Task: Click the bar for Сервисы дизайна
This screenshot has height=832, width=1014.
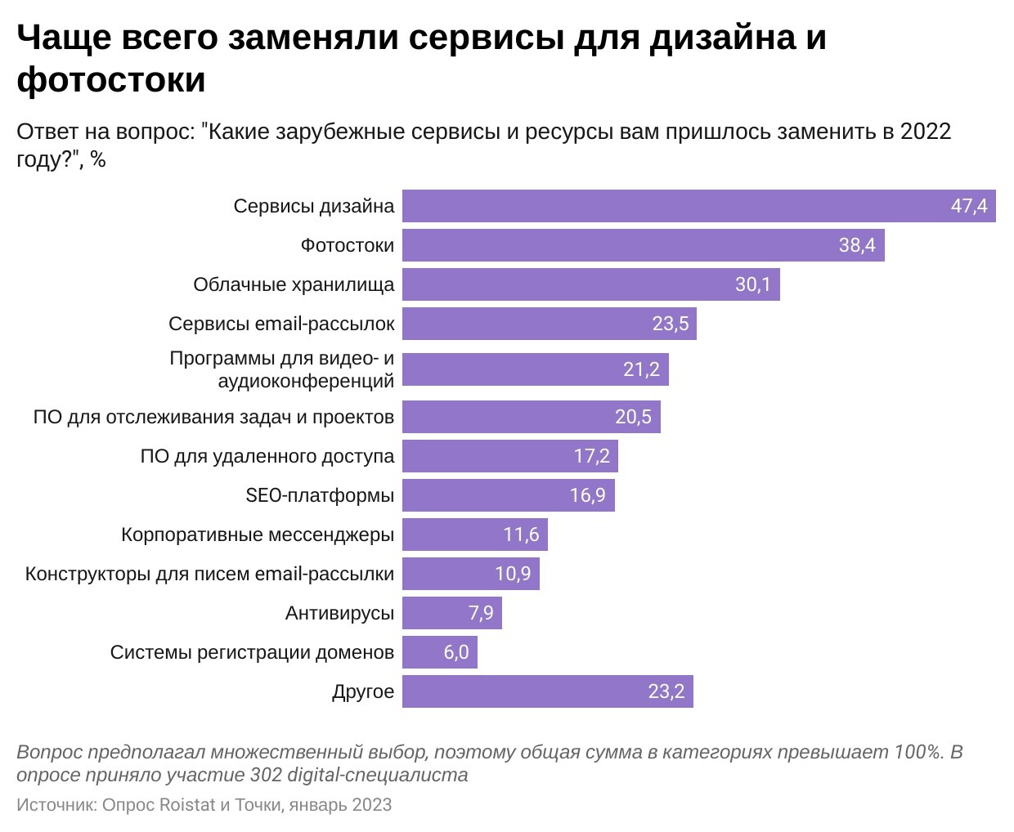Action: (698, 206)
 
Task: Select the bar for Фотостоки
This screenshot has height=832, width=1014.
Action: (643, 245)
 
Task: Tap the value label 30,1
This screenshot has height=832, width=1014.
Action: (752, 284)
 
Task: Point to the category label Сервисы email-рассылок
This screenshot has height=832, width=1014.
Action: (281, 324)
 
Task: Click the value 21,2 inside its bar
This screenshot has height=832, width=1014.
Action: (641, 369)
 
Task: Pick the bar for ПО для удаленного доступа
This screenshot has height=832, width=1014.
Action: (509, 456)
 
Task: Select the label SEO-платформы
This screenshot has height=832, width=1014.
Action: (320, 495)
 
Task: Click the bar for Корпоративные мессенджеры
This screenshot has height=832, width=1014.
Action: (474, 535)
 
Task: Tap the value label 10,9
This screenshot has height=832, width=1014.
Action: (513, 574)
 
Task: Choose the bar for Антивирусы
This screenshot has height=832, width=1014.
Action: (451, 613)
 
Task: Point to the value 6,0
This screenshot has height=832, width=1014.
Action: (456, 652)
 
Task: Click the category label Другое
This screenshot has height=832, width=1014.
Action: (363, 691)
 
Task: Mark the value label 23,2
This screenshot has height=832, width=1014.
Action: (666, 691)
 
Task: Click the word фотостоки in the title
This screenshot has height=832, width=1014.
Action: (111, 80)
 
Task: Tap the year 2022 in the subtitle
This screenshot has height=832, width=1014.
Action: (926, 132)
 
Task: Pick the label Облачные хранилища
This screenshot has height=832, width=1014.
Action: (294, 284)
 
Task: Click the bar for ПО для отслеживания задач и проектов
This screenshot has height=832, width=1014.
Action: (531, 417)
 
